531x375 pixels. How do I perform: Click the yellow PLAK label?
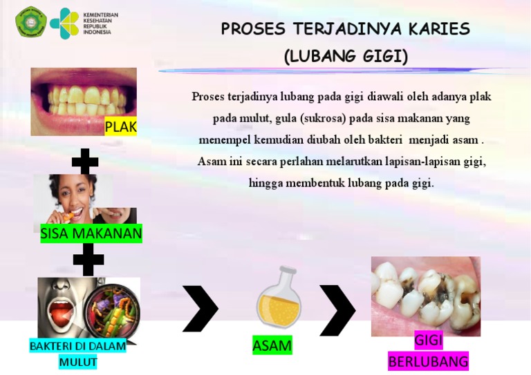click(120, 127)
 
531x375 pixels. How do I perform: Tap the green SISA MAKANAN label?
click(91, 233)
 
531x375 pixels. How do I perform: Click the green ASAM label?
click(272, 345)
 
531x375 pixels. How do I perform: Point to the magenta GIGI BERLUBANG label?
click(428, 351)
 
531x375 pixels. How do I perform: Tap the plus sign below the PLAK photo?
click(85, 162)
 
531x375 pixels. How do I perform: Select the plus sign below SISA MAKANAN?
click(88, 260)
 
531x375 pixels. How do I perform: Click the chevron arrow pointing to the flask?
click(200, 309)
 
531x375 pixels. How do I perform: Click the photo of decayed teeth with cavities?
click(425, 296)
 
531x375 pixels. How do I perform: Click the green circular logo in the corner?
click(30, 22)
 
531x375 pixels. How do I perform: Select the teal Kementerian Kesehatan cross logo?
click(65, 23)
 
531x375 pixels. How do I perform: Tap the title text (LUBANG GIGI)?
click(346, 57)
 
